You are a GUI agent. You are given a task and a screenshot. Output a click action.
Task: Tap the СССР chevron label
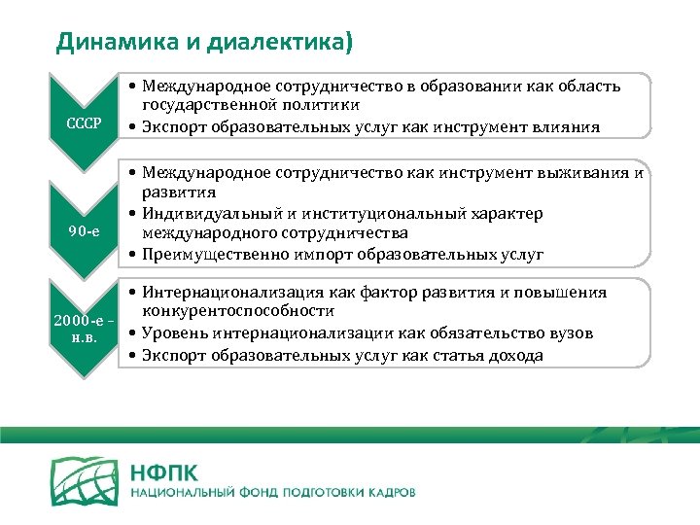[85, 126]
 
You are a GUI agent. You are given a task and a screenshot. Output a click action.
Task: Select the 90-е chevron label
[85, 229]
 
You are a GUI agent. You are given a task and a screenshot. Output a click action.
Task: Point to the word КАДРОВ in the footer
[389, 493]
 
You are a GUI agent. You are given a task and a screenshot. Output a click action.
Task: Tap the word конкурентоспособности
[239, 312]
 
